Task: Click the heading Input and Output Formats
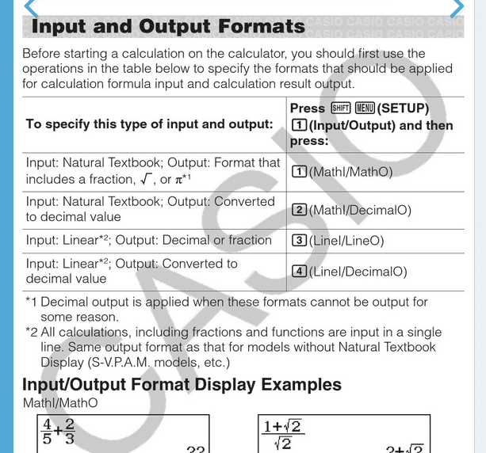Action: point(167,26)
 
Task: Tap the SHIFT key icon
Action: point(340,108)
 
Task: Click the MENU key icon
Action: point(364,108)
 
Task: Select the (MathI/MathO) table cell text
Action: point(350,171)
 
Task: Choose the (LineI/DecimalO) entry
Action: point(358,272)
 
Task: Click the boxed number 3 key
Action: point(299,240)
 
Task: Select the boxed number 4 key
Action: point(299,272)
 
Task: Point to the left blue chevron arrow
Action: point(31,8)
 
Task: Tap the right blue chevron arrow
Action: point(457,8)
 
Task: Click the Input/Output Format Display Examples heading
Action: point(182,385)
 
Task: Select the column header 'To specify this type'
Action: point(149,124)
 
